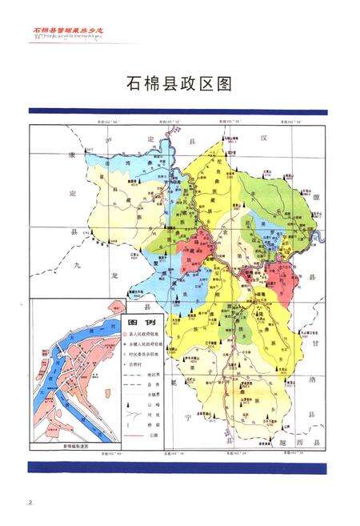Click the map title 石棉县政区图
click(179, 83)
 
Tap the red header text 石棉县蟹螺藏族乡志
click(68, 30)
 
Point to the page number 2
click(30, 502)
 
